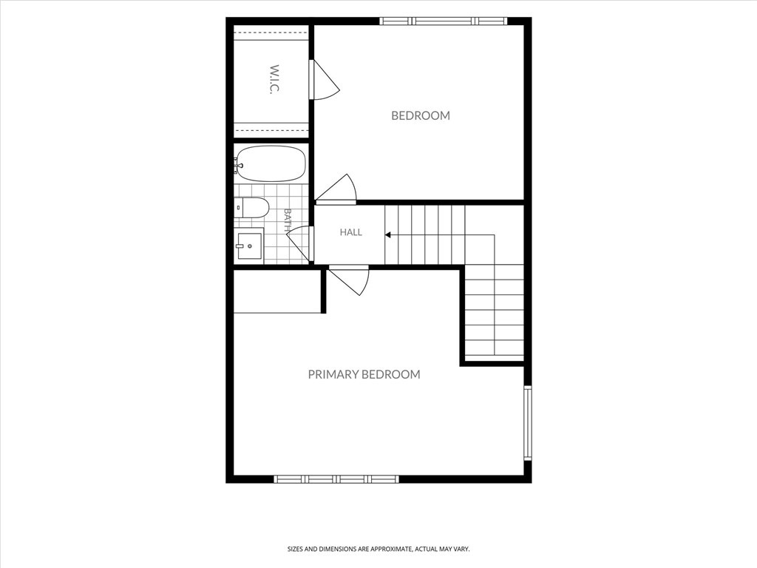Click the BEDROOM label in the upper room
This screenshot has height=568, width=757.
421,115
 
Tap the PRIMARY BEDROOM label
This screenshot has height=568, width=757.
364,374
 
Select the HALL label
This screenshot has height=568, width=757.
351,232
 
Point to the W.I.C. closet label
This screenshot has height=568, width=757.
274,79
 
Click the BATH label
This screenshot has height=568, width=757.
288,220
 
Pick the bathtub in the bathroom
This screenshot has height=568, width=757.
271,163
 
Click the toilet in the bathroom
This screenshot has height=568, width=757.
251,207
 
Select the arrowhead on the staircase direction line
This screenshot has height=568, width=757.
387,235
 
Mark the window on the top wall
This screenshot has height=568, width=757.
443,21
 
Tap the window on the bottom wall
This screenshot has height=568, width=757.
336,479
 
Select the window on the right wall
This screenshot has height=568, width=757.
528,422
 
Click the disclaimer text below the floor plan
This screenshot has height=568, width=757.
378,550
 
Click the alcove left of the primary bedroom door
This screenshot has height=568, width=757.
277,291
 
